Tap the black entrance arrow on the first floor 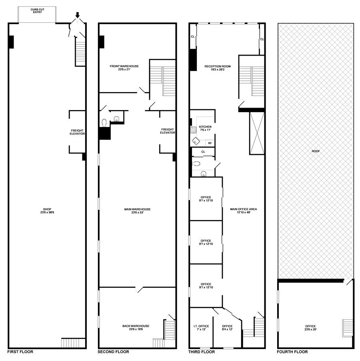coord(78,15)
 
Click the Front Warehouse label coord(124,68)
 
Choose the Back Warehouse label coord(136,327)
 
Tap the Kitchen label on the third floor coord(205,128)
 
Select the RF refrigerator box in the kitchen coord(210,143)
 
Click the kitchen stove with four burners coord(193,129)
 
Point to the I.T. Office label coord(201,327)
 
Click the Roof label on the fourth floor coord(316,151)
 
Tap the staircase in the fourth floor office coord(347,328)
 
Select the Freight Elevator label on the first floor coord(77,132)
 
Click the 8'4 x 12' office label coord(227,327)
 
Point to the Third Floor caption coord(202,352)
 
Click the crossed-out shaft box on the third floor coord(256,133)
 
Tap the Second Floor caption coord(113,352)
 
